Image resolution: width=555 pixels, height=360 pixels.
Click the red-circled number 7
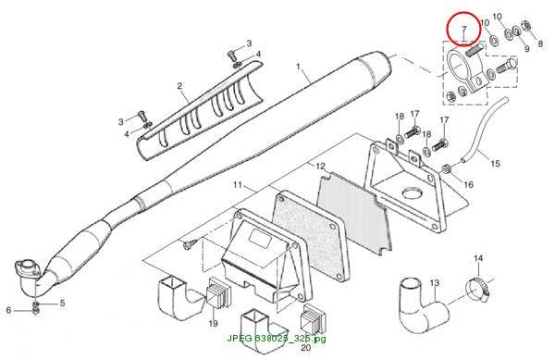(464, 29)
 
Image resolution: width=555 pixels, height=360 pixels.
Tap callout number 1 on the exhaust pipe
(298, 67)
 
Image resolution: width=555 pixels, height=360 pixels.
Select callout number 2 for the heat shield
(179, 86)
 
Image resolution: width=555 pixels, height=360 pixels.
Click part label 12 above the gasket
(320, 166)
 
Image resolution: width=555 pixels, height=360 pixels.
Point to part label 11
(237, 184)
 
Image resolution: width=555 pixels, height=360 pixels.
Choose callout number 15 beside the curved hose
(495, 163)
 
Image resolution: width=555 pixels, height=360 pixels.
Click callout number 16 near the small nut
(468, 184)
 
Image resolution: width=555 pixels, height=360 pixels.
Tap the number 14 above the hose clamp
(478, 258)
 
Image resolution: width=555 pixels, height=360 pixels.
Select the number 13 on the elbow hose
(435, 283)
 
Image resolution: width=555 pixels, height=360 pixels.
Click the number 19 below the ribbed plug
(213, 323)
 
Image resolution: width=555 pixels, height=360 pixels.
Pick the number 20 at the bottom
(305, 347)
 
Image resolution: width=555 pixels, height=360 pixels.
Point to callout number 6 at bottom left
(8, 310)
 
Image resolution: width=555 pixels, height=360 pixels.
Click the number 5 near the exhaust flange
(62, 303)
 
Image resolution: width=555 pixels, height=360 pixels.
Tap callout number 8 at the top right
(540, 43)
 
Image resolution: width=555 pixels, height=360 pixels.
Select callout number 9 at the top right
(526, 48)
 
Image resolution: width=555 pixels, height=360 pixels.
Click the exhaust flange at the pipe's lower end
(26, 267)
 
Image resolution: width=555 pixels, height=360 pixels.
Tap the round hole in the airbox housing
(413, 192)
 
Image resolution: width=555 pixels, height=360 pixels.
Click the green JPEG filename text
(277, 339)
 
